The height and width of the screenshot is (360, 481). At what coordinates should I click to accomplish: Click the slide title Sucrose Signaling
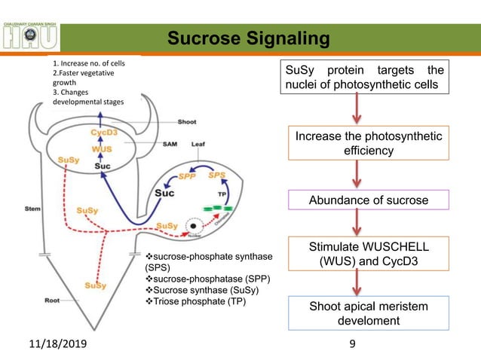(x=248, y=38)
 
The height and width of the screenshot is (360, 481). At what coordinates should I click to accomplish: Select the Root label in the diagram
(x=52, y=299)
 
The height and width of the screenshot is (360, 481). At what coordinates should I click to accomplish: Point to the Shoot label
(x=187, y=121)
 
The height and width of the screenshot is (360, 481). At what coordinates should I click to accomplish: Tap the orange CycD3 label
(x=103, y=132)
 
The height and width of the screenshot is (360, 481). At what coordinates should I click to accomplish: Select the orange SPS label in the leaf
(x=217, y=174)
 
